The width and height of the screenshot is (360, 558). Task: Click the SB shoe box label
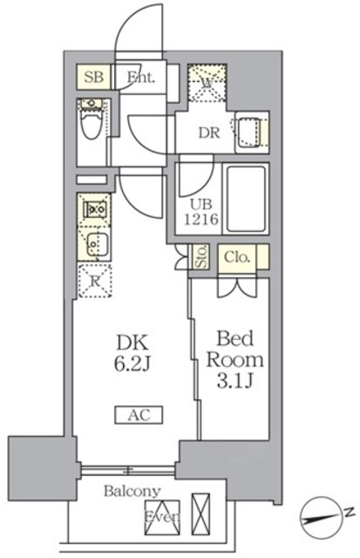tap(94, 78)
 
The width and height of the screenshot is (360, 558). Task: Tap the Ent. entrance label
tap(140, 78)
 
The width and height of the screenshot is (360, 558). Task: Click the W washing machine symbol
tap(207, 83)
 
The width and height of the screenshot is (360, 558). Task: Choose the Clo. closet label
tap(236, 257)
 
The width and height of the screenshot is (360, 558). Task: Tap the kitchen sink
tap(93, 243)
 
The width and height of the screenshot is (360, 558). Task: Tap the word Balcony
tap(131, 491)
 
